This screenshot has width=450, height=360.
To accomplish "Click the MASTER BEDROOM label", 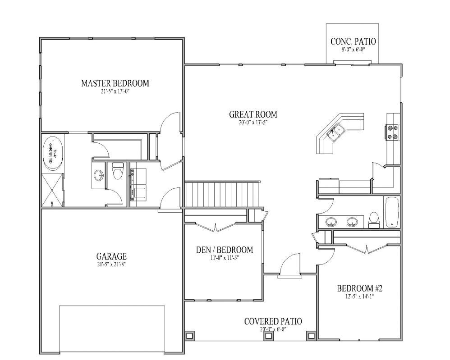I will [x=115, y=83].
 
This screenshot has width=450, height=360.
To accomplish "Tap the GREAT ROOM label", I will [x=253, y=114].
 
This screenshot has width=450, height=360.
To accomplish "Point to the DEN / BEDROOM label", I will [x=224, y=250].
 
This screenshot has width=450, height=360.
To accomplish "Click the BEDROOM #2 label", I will [x=360, y=288].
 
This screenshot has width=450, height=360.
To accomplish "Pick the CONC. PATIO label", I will [x=353, y=42].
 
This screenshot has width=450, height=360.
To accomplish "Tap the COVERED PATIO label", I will [x=273, y=321].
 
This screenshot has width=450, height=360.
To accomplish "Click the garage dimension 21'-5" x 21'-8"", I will [x=111, y=264].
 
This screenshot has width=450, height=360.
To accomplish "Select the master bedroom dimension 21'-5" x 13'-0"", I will [x=115, y=91].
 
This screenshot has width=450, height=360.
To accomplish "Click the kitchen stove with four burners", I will [x=391, y=132].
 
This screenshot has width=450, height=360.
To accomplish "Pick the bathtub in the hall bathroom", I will [x=391, y=212].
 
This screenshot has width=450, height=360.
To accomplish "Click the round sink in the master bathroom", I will [x=99, y=174].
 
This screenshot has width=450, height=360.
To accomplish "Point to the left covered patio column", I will [x=190, y=336].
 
